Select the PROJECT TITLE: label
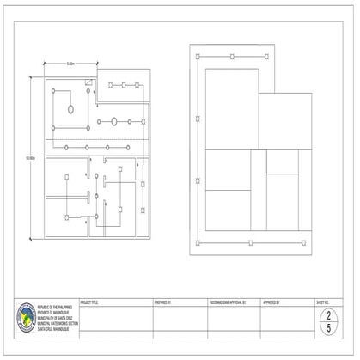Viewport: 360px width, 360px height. pyautogui.click(x=89, y=303)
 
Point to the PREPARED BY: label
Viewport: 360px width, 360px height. pyautogui.click(x=162, y=303)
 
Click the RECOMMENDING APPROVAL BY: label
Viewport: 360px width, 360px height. pyautogui.click(x=228, y=303)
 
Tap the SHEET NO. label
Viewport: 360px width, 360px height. pyautogui.click(x=323, y=303)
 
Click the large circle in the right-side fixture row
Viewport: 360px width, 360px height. pyautogui.click(x=113, y=122)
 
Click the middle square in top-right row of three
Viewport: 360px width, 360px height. pyautogui.click(x=124, y=85)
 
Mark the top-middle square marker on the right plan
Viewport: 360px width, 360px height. pyautogui.click(x=231, y=57)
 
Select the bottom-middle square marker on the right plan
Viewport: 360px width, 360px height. pyautogui.click(x=250, y=243)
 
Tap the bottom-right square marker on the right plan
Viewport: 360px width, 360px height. pyautogui.click(x=303, y=243)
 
